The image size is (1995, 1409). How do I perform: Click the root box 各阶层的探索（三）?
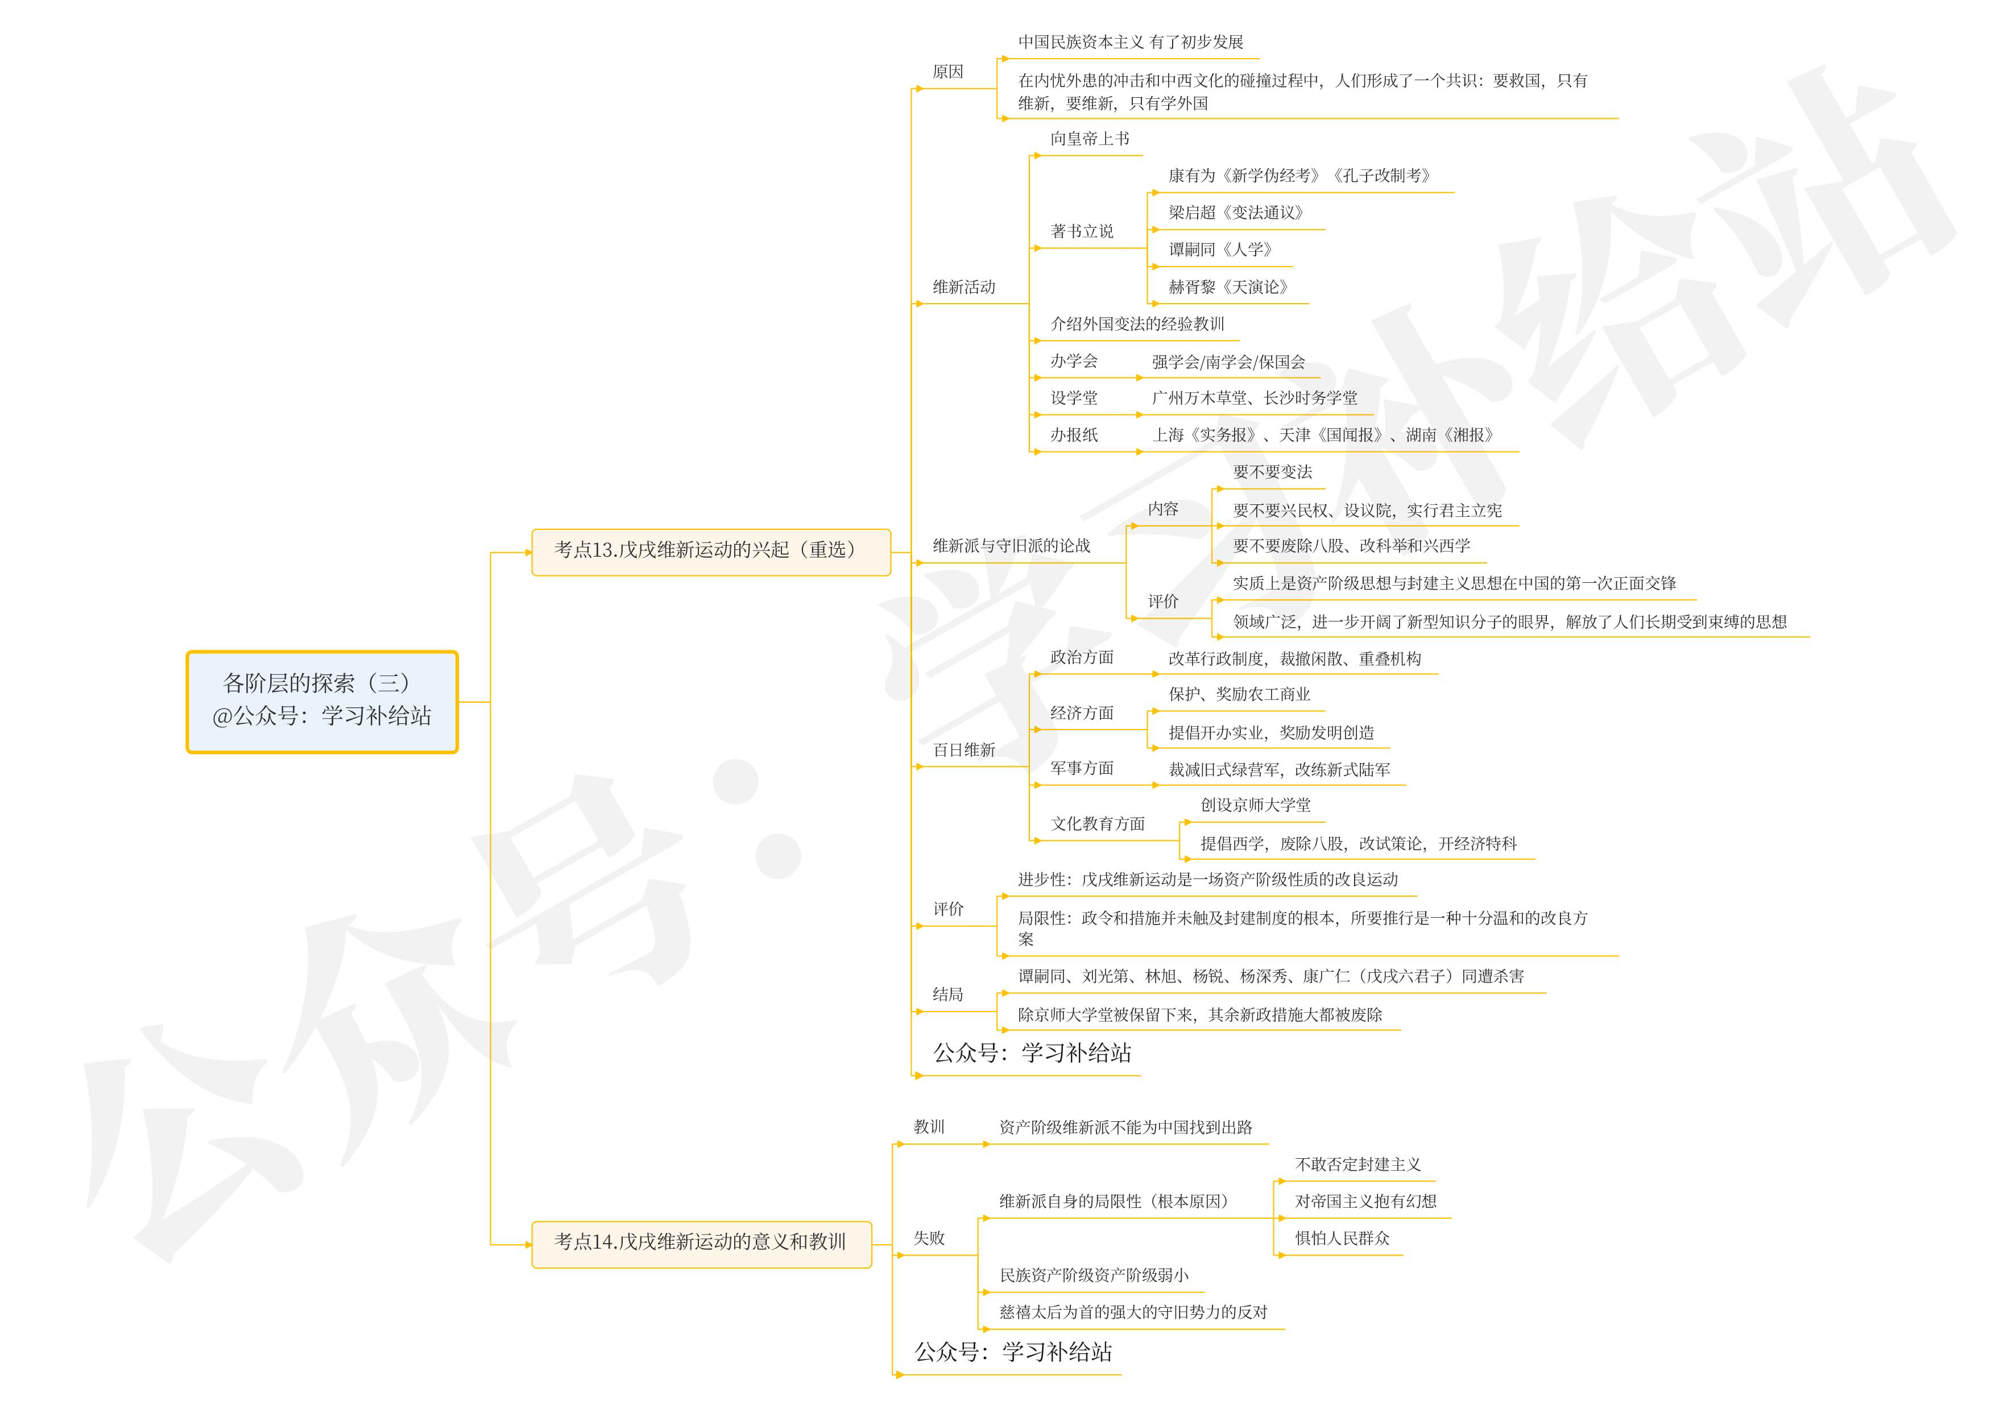[x=321, y=701]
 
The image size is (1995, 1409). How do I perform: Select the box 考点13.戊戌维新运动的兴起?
[x=711, y=551]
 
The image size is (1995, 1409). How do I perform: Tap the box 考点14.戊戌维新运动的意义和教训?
[x=700, y=1243]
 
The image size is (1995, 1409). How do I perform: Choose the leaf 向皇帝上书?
[x=1090, y=139]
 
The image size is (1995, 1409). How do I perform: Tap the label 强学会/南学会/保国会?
[x=1228, y=362]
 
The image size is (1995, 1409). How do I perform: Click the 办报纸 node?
[x=1074, y=435]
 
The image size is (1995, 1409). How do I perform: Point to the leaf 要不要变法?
[x=1272, y=473]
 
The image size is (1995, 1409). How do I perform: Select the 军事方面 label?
[x=1082, y=769]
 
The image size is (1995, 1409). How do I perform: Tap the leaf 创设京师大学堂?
[x=1255, y=805]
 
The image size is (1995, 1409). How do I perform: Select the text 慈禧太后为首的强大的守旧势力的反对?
[x=1133, y=1312]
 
